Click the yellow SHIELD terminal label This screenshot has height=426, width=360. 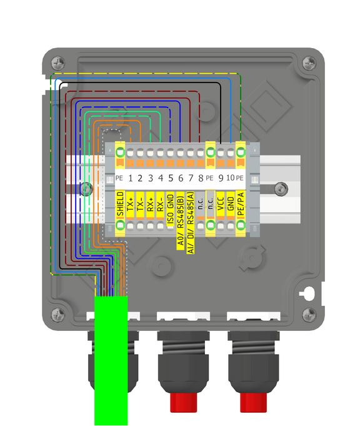120,204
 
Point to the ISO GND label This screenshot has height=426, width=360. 170,209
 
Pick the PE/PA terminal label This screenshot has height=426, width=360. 241,204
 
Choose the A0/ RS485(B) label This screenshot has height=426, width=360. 181,220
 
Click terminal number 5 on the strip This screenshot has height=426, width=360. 171,178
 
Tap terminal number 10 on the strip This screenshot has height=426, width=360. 230,178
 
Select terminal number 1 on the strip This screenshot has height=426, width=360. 131,178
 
